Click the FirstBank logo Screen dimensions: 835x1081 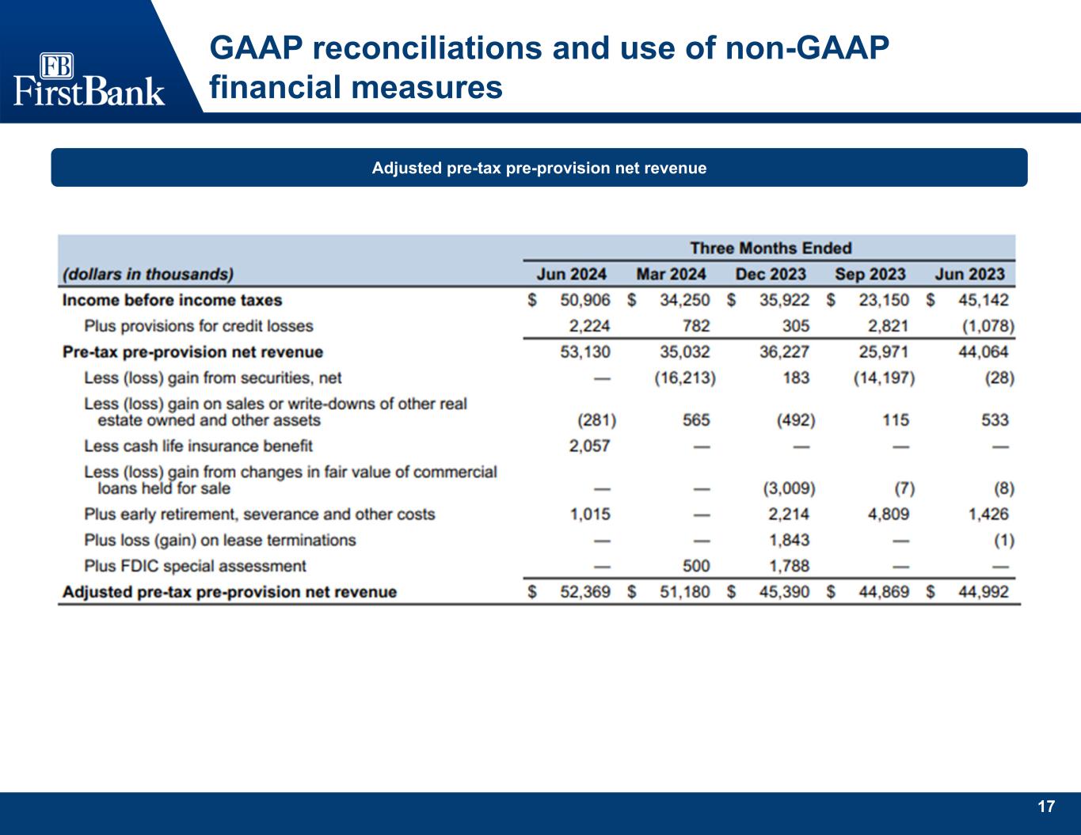click(89, 79)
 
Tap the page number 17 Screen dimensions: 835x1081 click(1046, 807)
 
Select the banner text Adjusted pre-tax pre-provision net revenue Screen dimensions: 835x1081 click(539, 168)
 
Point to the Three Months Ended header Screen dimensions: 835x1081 click(770, 249)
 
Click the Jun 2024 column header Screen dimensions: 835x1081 click(571, 275)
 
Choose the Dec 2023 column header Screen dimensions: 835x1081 click(770, 275)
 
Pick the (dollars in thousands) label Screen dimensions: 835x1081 click(148, 275)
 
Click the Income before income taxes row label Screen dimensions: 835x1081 click(172, 301)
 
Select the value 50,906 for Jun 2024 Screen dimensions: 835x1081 click(585, 301)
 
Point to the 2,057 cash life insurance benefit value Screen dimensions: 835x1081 click(589, 446)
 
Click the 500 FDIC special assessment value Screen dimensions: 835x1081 click(696, 567)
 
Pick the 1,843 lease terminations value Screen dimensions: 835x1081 click(788, 541)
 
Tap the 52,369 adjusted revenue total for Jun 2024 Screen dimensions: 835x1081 click(585, 592)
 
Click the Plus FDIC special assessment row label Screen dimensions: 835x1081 click(195, 567)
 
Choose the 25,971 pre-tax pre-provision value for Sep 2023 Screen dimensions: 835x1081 click(883, 352)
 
